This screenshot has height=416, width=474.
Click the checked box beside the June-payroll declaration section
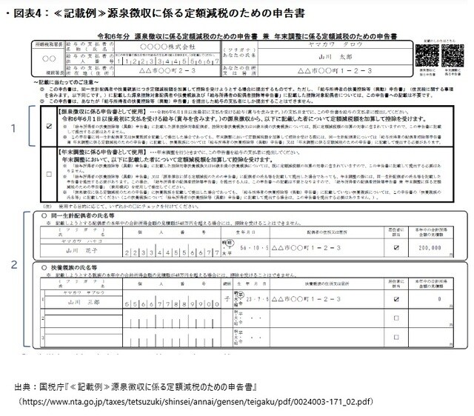point(48,126)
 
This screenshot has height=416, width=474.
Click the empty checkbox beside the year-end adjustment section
point(48,175)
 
